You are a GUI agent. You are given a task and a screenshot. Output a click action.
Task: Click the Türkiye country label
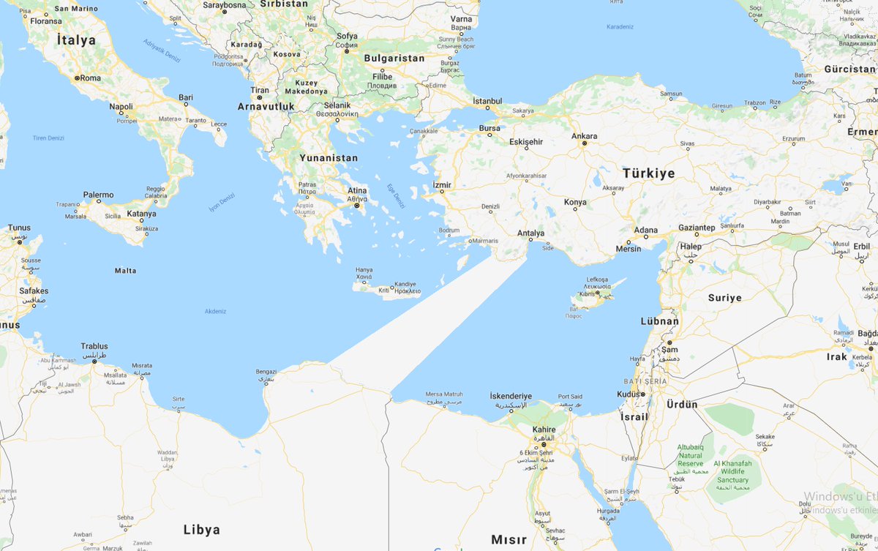click(648, 173)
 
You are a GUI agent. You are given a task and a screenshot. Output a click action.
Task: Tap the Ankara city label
click(584, 136)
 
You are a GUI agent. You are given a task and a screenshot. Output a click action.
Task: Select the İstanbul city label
click(487, 100)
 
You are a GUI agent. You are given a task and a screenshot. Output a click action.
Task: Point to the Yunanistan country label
click(329, 157)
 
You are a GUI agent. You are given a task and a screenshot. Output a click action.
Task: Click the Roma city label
click(89, 78)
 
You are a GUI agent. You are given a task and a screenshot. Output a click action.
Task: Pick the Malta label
click(125, 271)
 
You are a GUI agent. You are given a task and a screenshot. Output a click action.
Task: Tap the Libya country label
click(201, 529)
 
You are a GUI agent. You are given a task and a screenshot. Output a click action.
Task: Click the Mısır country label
click(509, 539)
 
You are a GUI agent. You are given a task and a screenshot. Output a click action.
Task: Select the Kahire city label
click(544, 430)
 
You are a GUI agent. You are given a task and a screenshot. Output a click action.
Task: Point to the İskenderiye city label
click(511, 396)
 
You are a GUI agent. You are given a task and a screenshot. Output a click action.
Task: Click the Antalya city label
click(531, 233)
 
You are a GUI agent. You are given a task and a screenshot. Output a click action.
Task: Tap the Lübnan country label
click(659, 321)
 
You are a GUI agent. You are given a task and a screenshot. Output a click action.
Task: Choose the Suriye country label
click(724, 298)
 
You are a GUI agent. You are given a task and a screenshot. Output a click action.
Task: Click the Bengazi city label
click(266, 372)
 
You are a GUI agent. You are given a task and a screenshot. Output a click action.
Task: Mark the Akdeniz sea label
click(216, 311)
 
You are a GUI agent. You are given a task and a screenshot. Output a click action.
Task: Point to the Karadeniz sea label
click(620, 27)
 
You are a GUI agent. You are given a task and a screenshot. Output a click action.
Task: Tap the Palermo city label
click(98, 195)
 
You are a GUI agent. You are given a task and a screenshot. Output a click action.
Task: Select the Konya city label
click(575, 202)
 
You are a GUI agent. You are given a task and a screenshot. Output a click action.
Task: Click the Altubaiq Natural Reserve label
click(690, 455)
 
